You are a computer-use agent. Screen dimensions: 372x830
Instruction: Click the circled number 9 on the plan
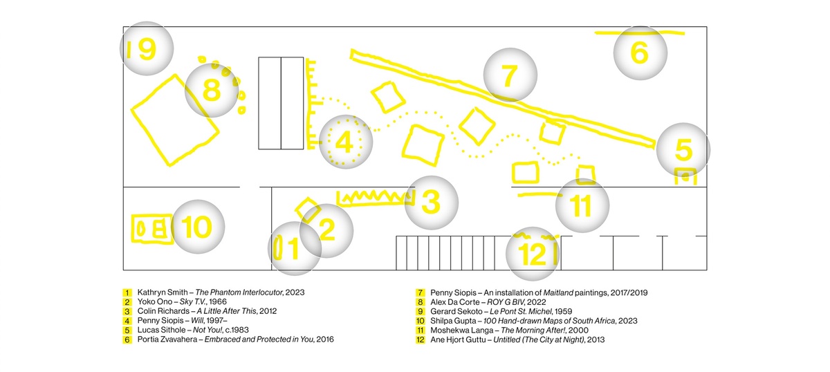point(147,48)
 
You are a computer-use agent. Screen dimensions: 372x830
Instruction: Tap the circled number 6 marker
point(640,53)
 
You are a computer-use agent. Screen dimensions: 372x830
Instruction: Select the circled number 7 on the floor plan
point(510,75)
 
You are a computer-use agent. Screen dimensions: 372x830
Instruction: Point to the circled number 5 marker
point(683,149)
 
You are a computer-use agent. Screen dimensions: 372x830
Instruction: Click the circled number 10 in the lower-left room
point(198,226)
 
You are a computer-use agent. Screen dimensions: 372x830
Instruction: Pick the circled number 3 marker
point(431,203)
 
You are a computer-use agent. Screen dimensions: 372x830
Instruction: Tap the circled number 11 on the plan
point(582,205)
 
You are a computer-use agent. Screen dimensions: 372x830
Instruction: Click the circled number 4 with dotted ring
point(345,142)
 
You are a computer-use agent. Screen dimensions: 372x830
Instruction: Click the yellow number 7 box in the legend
point(419,292)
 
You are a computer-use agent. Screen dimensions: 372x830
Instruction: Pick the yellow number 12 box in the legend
point(419,340)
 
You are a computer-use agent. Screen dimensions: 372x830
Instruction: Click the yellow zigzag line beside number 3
point(374,196)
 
